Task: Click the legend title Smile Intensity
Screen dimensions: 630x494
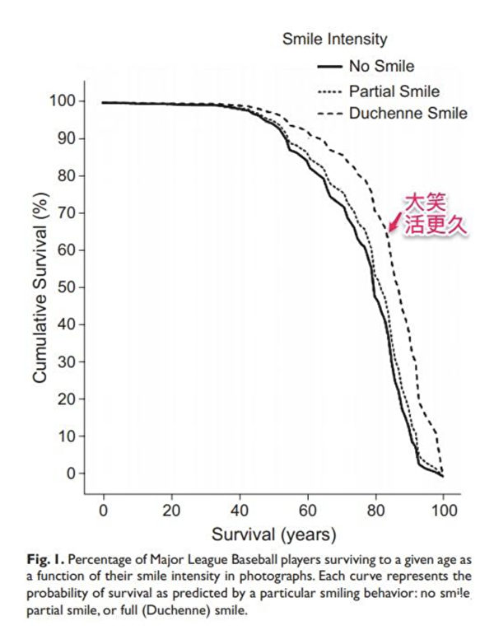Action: tap(333, 39)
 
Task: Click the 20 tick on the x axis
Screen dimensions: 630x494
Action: tap(171, 510)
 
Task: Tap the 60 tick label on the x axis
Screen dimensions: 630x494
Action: tap(308, 510)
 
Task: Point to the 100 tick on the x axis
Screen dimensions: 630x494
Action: tap(443, 510)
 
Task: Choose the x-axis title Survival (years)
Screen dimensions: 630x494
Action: tap(273, 535)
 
